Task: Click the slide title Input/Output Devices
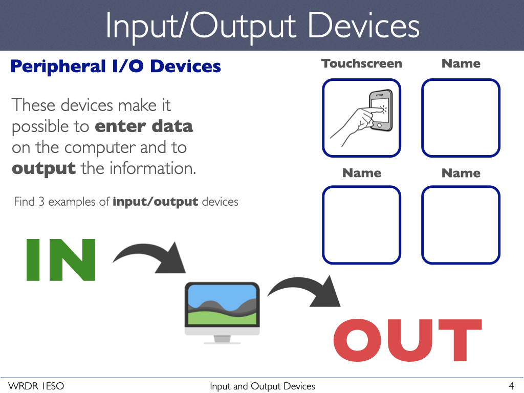tap(262, 26)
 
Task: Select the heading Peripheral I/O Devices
tap(115, 67)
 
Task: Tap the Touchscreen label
tap(361, 63)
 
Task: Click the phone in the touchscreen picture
tap(380, 108)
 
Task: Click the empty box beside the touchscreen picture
tap(461, 118)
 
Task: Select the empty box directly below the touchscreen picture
tap(361, 225)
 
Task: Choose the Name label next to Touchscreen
tap(461, 63)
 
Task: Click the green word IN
tap(61, 260)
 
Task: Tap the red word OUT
tap(407, 340)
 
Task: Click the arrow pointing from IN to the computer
tap(151, 256)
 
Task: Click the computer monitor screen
tap(222, 304)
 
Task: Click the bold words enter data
tap(145, 126)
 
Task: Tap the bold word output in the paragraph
tap(43, 168)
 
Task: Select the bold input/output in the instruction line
tap(155, 202)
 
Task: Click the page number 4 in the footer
tap(511, 386)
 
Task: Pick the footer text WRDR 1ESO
tap(36, 386)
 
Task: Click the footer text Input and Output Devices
tap(262, 386)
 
